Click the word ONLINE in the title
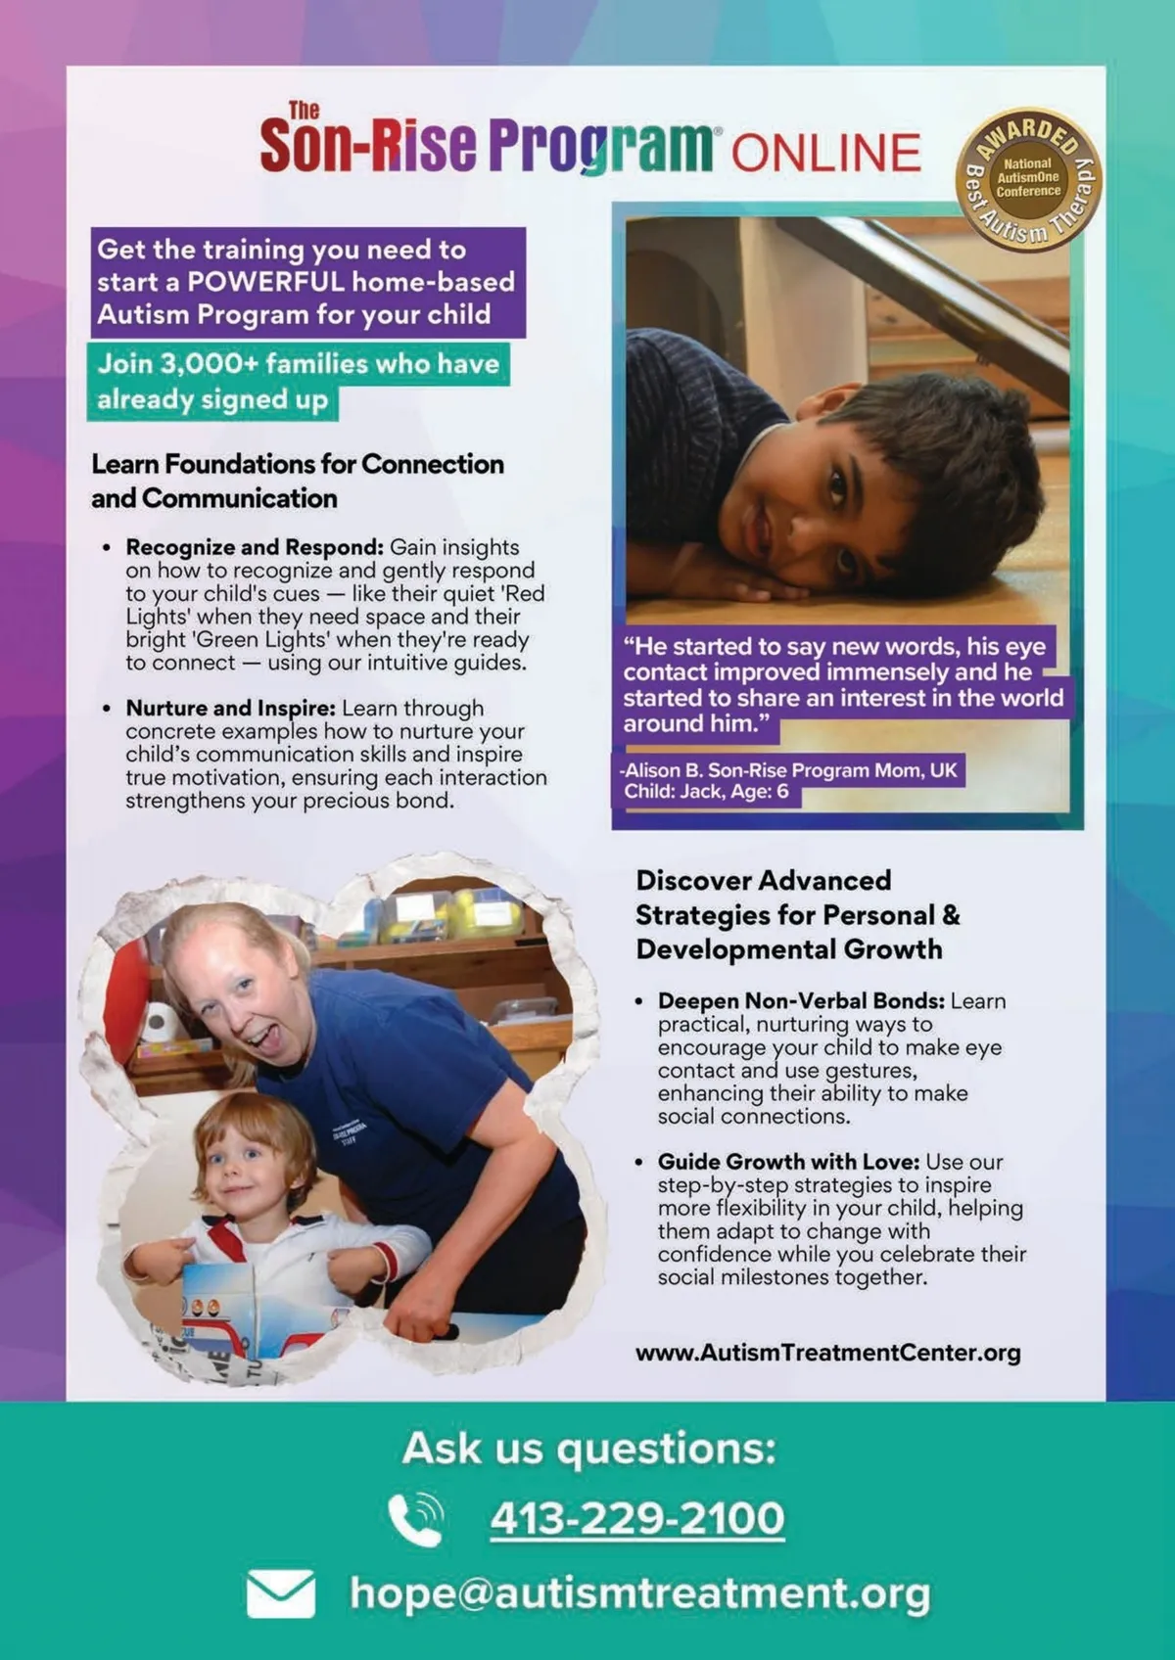[x=825, y=153]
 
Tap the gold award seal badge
[x=1028, y=179]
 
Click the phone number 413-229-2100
[x=637, y=1518]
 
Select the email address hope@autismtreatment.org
[x=639, y=1592]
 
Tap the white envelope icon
[x=281, y=1593]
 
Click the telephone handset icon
[x=415, y=1519]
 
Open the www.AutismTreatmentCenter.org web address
[x=827, y=1353]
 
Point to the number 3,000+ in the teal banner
[x=209, y=364]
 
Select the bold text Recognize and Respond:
[x=254, y=547]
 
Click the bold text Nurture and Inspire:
[x=230, y=708]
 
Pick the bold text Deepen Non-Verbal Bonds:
[x=801, y=1000]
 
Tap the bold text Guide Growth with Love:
[x=788, y=1162]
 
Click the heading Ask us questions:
[x=588, y=1449]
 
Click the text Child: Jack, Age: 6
[x=706, y=791]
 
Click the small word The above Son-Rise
[x=304, y=110]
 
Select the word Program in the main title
[x=599, y=147]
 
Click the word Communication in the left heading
[x=239, y=498]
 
